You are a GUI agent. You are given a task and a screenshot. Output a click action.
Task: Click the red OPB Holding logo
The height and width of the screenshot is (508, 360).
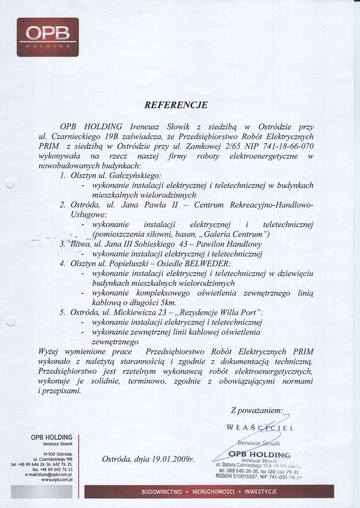[x=48, y=37]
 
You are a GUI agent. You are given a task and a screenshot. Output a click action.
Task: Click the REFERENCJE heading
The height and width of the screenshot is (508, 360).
[x=176, y=105]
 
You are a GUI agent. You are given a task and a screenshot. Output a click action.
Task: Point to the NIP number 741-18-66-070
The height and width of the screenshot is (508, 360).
[x=283, y=147]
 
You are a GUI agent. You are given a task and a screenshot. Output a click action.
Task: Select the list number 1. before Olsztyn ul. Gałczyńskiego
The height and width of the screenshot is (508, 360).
[x=63, y=176]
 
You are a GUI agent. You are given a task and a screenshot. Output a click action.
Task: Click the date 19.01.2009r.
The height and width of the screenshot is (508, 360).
[x=170, y=459]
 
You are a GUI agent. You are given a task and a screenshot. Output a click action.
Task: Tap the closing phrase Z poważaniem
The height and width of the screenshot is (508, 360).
[x=256, y=410]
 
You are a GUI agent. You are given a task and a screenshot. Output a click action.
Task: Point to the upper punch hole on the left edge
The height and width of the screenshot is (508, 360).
[x=10, y=184]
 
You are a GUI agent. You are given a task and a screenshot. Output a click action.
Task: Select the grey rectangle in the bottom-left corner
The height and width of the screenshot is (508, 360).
[x=42, y=491]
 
